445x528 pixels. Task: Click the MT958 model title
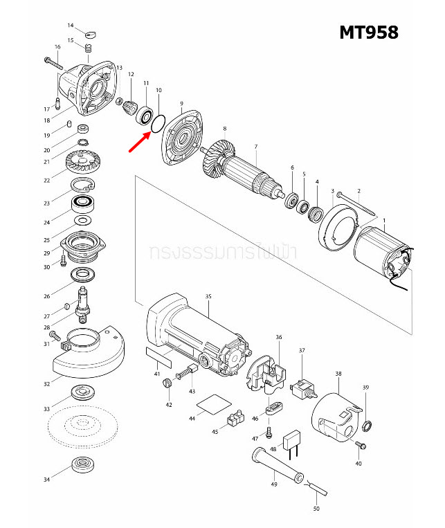pyautogui.click(x=368, y=33)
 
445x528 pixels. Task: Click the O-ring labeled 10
pyautogui.click(x=158, y=123)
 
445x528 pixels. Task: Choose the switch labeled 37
pyautogui.click(x=303, y=390)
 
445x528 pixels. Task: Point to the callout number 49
pyautogui.click(x=275, y=484)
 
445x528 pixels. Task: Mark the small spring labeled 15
pyautogui.click(x=89, y=47)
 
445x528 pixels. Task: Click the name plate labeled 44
pyautogui.click(x=213, y=405)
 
